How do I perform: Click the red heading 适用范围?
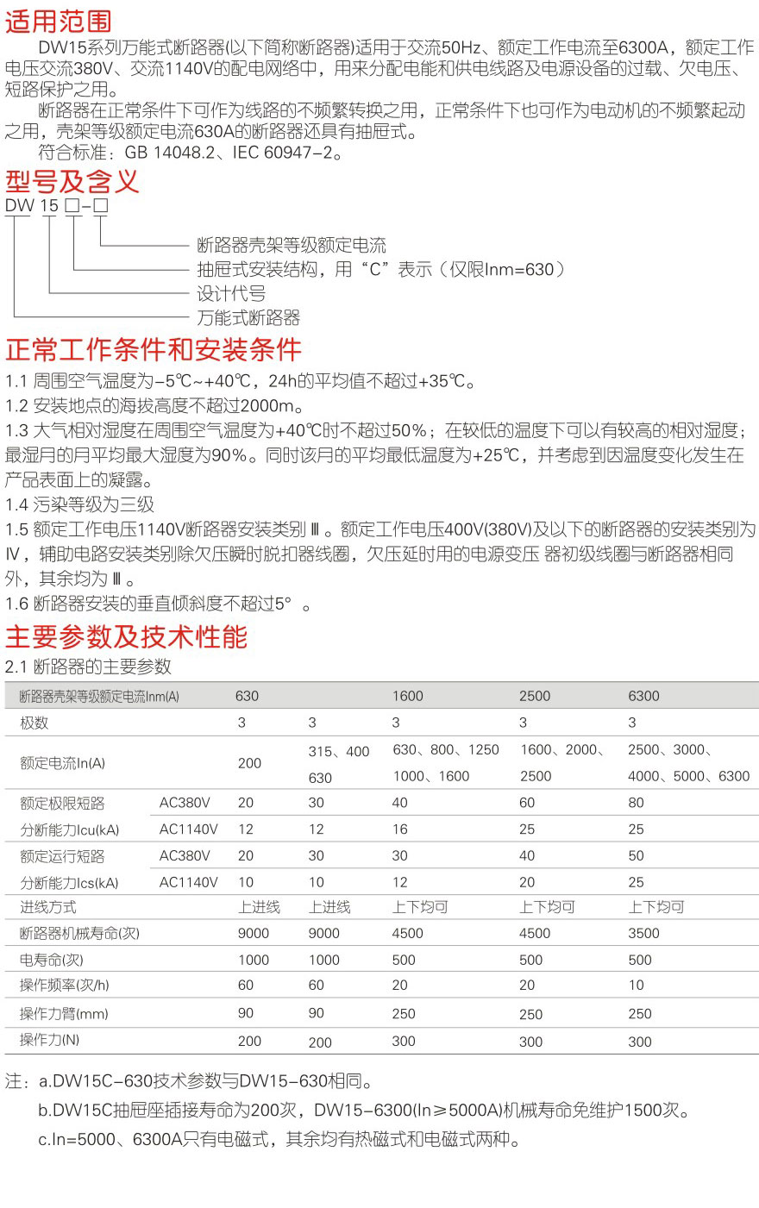[59, 21]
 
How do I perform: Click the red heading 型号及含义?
[72, 182]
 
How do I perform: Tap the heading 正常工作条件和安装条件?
[154, 350]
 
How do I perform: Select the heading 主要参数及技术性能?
[126, 637]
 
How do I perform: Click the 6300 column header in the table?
[643, 696]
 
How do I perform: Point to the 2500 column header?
[535, 696]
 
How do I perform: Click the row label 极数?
[34, 723]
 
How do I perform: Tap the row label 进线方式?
[48, 907]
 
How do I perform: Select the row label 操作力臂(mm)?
[64, 1014]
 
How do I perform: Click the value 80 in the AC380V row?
[637, 803]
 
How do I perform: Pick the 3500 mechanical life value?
[643, 933]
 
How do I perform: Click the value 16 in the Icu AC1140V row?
[400, 829]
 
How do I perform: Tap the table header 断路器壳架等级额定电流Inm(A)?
[99, 697]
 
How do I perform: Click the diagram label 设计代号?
[231, 293]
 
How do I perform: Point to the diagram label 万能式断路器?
[248, 317]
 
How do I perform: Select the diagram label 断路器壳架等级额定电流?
[292, 245]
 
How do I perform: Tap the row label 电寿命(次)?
[52, 960]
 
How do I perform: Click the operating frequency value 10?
[637, 986]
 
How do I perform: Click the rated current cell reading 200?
[249, 763]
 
